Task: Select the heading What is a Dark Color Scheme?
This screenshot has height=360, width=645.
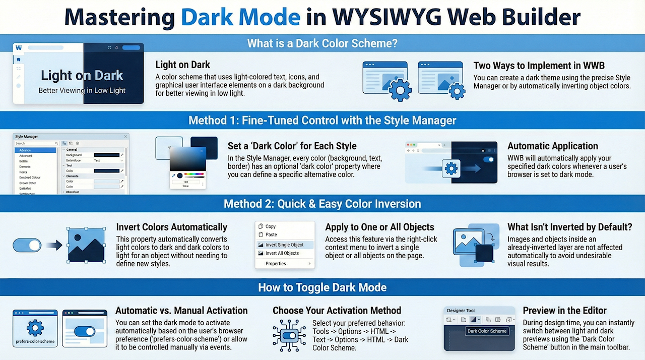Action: click(322, 43)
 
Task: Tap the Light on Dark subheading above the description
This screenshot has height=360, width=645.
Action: click(183, 65)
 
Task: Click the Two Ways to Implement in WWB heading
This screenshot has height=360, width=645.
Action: click(539, 66)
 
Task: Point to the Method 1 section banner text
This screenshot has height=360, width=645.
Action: click(322, 121)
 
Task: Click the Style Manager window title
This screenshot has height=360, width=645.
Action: click(27, 137)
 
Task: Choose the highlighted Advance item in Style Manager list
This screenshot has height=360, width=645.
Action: click(25, 150)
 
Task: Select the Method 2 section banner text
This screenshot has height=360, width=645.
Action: click(322, 204)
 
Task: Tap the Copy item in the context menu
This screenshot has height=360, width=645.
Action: click(271, 226)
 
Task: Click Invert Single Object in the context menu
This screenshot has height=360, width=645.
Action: click(284, 245)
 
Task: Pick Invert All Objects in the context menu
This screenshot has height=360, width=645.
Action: click(282, 253)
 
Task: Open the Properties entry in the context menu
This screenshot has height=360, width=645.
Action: click(276, 264)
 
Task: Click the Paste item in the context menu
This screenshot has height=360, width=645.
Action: click(271, 234)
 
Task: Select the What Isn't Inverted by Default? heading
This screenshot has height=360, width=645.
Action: click(569, 227)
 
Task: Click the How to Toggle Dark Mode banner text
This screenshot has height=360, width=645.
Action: click(322, 287)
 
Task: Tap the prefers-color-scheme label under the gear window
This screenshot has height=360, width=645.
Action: click(35, 341)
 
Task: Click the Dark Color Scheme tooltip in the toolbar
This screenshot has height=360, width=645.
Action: click(487, 331)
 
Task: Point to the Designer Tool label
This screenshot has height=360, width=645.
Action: click(461, 311)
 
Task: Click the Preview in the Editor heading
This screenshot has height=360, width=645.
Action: click(565, 311)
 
